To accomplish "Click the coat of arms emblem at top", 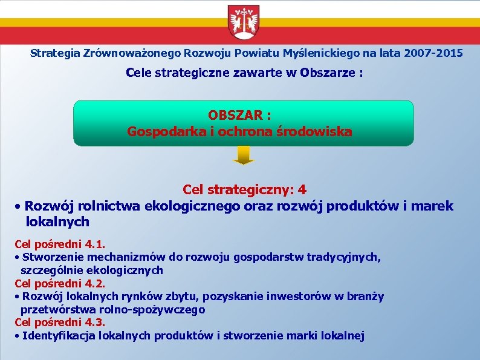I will (x=244, y=23).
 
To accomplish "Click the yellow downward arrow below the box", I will (x=244, y=156).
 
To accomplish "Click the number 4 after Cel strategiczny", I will (x=302, y=190).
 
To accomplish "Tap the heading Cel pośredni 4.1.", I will (x=60, y=244).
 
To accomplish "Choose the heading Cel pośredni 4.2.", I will (x=60, y=283).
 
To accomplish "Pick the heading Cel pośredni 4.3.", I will (x=60, y=322).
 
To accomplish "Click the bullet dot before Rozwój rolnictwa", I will (x=19, y=207).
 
